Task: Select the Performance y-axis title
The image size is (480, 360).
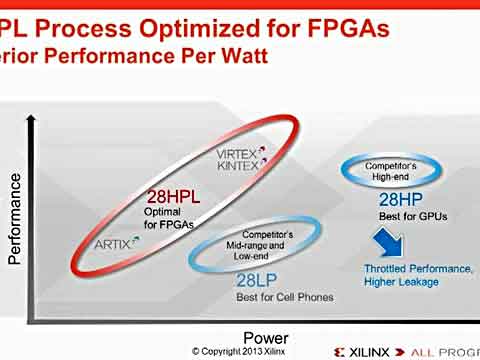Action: click(15, 218)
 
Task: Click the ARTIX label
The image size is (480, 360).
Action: click(112, 242)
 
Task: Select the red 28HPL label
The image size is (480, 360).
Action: click(173, 197)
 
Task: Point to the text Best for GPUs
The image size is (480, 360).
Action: click(412, 217)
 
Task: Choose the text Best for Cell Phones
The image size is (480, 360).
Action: click(285, 297)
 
